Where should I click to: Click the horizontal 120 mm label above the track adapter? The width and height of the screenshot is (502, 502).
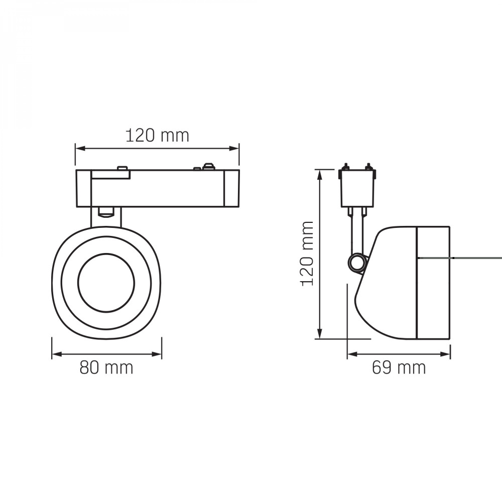[157, 136]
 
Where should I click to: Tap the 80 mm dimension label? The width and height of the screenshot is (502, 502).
[106, 367]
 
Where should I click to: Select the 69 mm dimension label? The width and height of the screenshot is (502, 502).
[399, 367]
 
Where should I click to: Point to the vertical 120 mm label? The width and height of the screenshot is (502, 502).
[308, 253]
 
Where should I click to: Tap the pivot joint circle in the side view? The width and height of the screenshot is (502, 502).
[356, 263]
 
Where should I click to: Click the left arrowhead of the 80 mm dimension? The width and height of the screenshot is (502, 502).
[57, 354]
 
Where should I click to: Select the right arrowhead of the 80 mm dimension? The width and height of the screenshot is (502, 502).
[157, 354]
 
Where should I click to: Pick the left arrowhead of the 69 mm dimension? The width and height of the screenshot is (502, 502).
[352, 354]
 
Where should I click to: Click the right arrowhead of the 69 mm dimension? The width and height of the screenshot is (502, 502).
[445, 354]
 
